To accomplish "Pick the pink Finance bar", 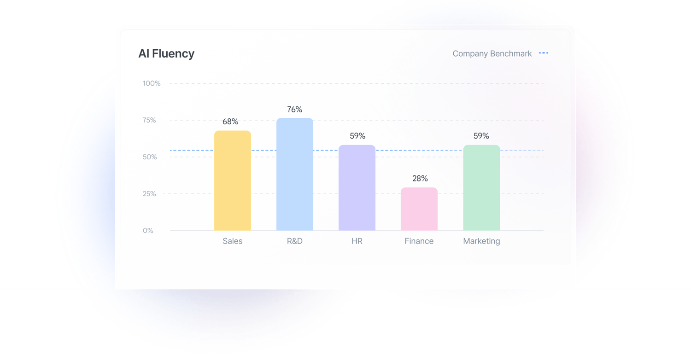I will [419, 209].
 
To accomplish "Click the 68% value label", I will [230, 122].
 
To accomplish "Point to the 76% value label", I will [295, 110].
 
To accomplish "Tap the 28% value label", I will [420, 179].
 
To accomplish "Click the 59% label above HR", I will [357, 136].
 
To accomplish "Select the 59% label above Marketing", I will [481, 136].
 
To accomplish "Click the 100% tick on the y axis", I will [152, 83].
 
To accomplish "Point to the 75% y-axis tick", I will [149, 120].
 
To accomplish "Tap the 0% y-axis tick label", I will [148, 231].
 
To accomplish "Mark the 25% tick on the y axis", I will [149, 194].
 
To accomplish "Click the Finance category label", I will [419, 241].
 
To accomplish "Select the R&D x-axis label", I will [295, 241].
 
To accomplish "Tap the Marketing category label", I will [481, 241].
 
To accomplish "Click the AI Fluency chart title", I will [166, 54].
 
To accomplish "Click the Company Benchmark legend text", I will [492, 54].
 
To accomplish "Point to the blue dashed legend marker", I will [544, 53].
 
